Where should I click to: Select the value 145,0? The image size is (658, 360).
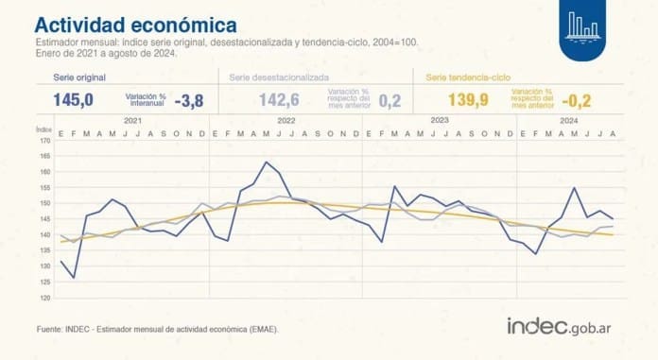click(73, 100)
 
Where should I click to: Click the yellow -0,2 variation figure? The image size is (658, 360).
click(577, 100)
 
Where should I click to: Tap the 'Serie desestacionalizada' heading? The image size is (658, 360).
click(274, 77)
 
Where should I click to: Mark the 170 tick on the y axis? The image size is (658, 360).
click(43, 141)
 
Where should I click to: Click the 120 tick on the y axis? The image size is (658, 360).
click(43, 298)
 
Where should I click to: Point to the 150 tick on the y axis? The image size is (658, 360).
click(43, 203)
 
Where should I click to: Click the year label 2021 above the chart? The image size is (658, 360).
click(132, 121)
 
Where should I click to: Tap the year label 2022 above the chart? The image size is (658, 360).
click(286, 121)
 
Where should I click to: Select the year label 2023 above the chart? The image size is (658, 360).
click(439, 121)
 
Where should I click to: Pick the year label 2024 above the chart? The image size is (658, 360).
click(569, 121)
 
